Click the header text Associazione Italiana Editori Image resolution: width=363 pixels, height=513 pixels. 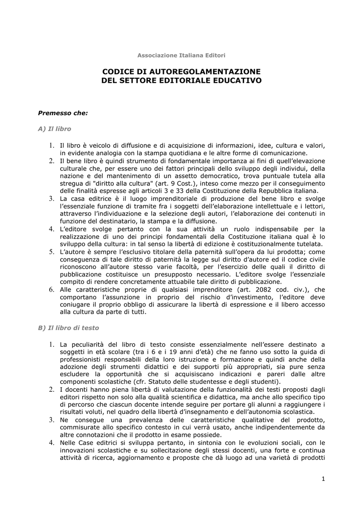tap(181, 55)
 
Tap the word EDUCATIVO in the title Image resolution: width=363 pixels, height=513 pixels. tap(239, 80)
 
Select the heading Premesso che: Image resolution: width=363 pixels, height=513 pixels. tap(63, 113)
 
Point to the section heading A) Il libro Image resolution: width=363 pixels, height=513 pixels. tap(55, 129)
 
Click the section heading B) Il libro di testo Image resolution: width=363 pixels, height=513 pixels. tap(69, 328)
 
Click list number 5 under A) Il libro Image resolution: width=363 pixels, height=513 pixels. tap(51, 251)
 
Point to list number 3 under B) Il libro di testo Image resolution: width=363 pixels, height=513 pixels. tap(51, 419)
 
